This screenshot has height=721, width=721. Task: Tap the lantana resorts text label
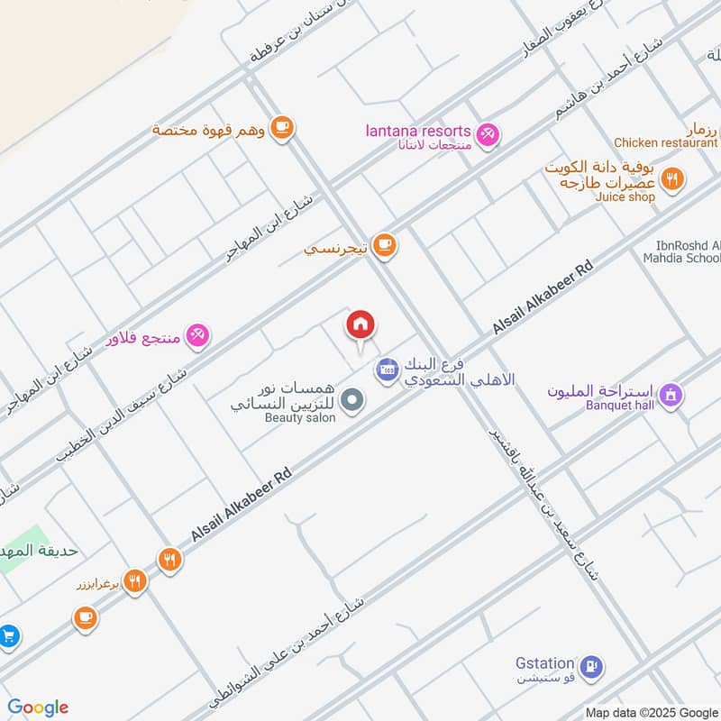[x=417, y=131]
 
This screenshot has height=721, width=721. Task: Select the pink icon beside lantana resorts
[x=488, y=134]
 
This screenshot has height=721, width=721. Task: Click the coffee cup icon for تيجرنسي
[x=385, y=244]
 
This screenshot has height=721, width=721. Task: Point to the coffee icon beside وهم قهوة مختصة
[x=282, y=128]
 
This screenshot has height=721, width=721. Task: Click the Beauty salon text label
[x=300, y=418]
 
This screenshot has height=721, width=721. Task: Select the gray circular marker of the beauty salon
[x=353, y=399]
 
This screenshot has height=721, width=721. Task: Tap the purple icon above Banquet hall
[x=671, y=394]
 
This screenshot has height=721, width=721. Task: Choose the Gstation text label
[x=544, y=662]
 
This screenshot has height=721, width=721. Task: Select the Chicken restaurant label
[x=665, y=142]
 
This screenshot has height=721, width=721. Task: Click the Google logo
[x=38, y=707]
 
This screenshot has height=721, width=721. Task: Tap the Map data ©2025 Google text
[x=651, y=712]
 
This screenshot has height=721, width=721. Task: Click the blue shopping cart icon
[x=7, y=636]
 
